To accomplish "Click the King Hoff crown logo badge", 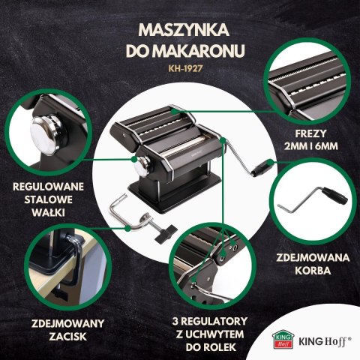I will point(278,338).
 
